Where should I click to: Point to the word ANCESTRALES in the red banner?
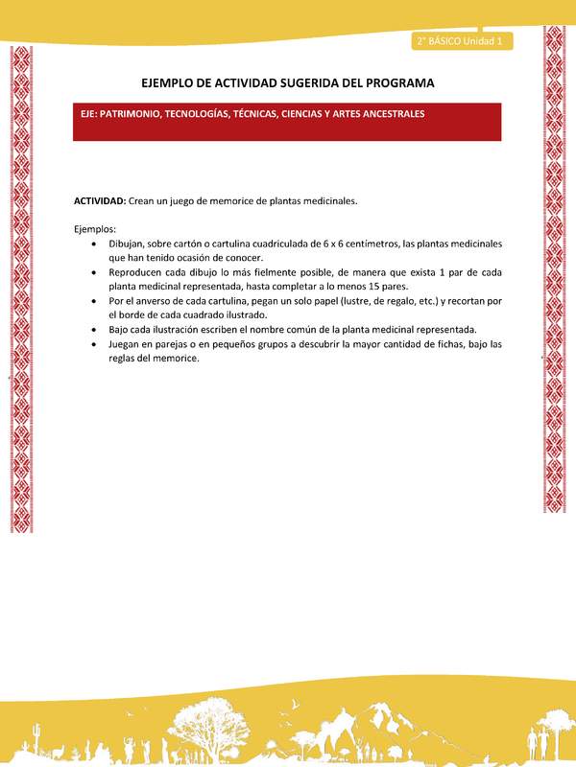pyautogui.click(x=390, y=113)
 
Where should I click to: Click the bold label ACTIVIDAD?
pyautogui.click(x=100, y=200)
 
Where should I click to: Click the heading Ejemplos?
pyautogui.click(x=95, y=229)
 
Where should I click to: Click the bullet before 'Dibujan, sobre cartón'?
pyautogui.click(x=92, y=244)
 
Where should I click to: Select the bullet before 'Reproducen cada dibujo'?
pyautogui.click(x=92, y=272)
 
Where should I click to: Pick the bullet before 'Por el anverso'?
pyautogui.click(x=92, y=301)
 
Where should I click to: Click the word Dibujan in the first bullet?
pyautogui.click(x=128, y=244)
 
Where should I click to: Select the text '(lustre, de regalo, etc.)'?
pyautogui.click(x=368, y=301)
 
